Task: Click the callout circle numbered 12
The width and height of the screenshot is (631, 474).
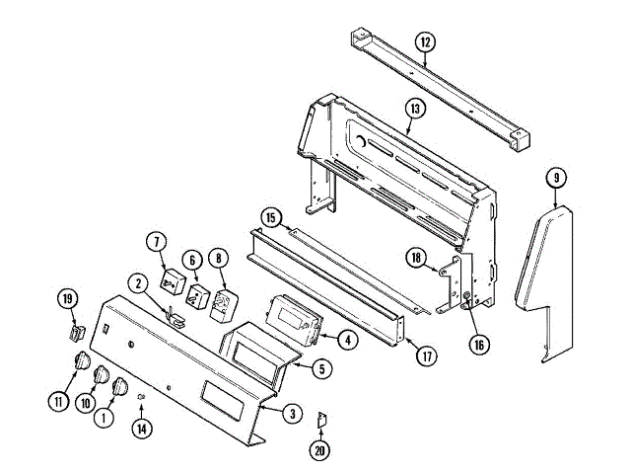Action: click(425, 42)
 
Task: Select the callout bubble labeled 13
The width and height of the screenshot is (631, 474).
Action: click(414, 109)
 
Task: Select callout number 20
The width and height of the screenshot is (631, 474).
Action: click(320, 453)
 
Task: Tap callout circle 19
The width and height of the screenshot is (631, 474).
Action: click(68, 299)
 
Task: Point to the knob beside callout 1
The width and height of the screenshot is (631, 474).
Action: click(122, 387)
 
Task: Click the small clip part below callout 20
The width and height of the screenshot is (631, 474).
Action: click(320, 422)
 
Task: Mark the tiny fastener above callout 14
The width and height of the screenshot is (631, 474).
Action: click(142, 398)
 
